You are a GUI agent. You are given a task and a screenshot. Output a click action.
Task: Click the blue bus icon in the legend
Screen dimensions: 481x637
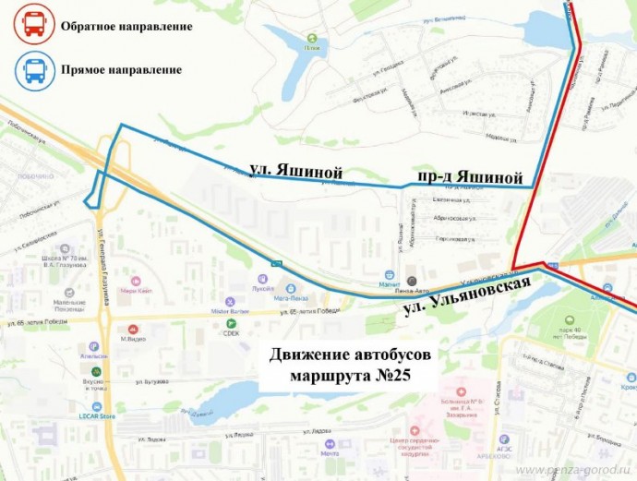point(32,70)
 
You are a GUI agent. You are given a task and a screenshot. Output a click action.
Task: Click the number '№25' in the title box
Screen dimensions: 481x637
point(387,375)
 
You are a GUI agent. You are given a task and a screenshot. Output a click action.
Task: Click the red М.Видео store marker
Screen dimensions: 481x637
point(134,328)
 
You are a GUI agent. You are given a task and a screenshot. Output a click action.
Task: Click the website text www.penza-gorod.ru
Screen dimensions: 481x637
point(573,471)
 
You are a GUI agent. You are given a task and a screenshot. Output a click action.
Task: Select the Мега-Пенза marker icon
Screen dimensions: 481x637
point(293,288)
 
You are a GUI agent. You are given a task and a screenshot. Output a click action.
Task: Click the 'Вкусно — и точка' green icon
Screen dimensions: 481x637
point(95,371)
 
